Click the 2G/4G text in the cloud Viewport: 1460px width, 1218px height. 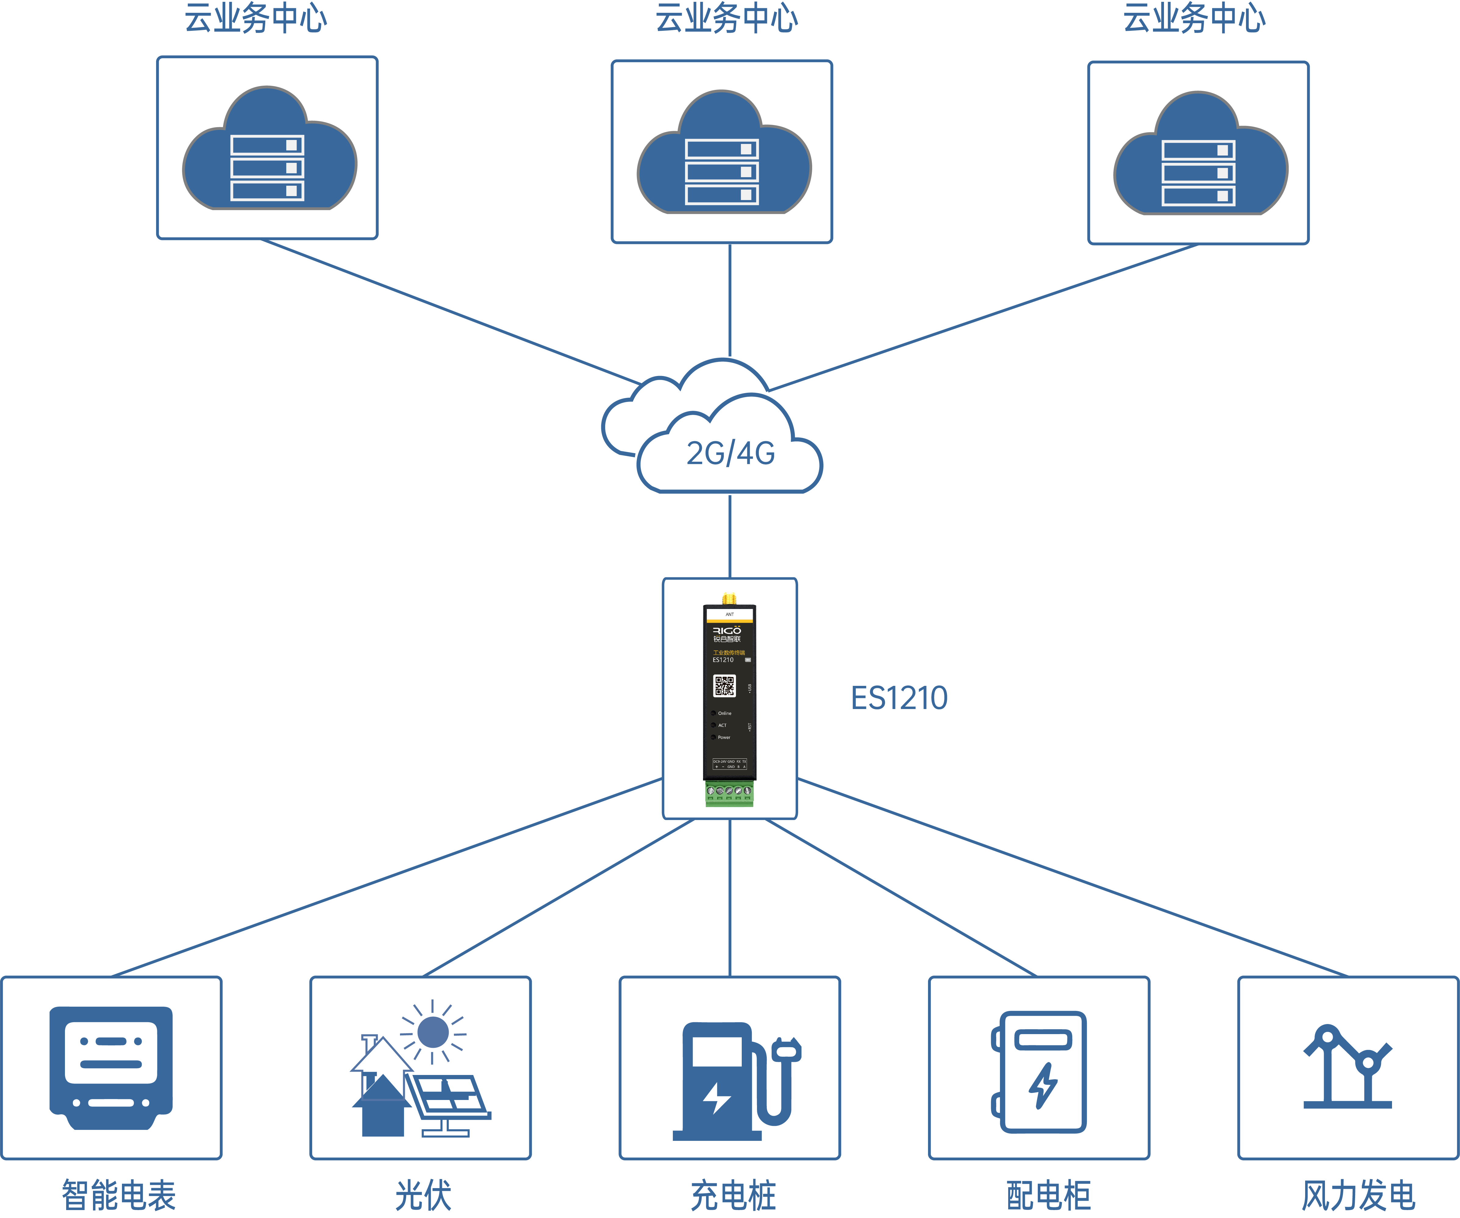pyautogui.click(x=731, y=453)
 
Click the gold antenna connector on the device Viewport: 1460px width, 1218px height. pyautogui.click(x=729, y=598)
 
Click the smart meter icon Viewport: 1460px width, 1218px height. pyautogui.click(x=111, y=1069)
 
